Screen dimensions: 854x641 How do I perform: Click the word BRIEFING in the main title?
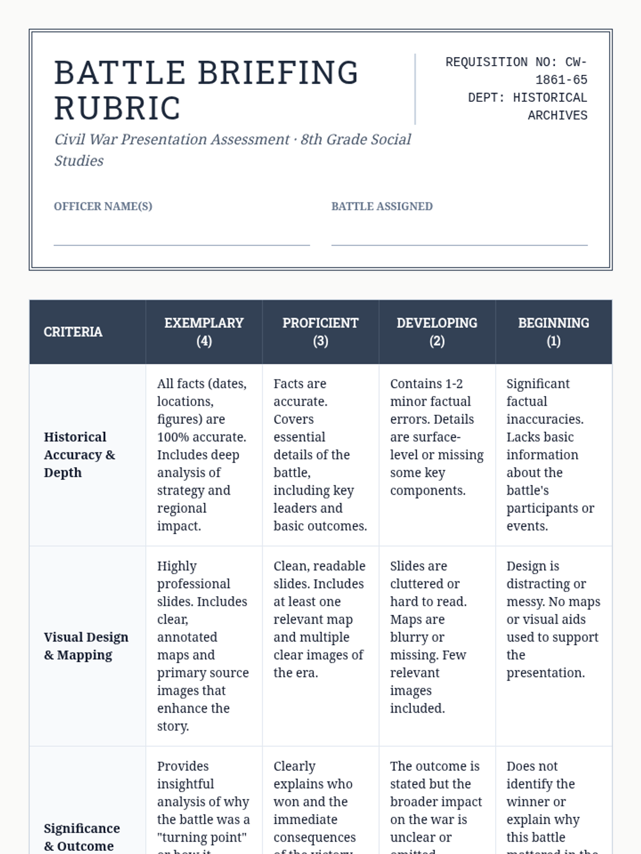point(278,73)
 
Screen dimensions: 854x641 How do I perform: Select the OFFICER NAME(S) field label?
point(103,207)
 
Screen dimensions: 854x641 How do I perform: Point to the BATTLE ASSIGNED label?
point(382,207)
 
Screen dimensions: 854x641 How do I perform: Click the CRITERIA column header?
point(73,332)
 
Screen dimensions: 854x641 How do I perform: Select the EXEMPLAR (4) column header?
point(204,332)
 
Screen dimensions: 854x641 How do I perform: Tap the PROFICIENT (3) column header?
point(320,332)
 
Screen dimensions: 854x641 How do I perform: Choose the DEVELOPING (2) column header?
point(437,332)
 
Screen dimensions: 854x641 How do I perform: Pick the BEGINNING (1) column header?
point(553,332)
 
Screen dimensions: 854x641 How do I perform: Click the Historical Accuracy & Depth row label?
point(80,455)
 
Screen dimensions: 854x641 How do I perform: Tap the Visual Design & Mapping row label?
point(86,646)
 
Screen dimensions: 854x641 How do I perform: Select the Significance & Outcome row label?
point(82,837)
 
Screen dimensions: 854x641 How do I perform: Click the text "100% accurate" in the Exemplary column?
point(201,437)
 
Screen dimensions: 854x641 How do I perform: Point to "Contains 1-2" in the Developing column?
point(426,384)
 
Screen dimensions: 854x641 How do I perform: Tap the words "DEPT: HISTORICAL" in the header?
point(527,98)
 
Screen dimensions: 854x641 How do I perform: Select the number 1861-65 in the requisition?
point(561,80)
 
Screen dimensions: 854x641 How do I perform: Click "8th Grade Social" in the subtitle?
point(356,140)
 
